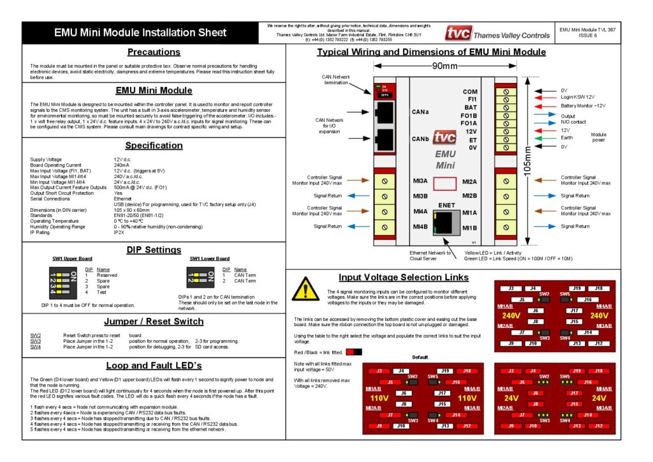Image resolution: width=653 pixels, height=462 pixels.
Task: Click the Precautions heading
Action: coord(154,52)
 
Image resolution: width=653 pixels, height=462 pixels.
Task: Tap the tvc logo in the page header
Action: coord(457,34)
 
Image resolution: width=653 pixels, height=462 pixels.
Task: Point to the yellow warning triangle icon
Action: coord(305,289)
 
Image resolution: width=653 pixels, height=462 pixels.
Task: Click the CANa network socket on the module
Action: coord(386,112)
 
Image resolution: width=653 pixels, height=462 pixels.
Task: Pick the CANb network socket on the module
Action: coord(386,138)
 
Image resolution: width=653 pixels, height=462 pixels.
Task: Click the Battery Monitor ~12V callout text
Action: coord(583,106)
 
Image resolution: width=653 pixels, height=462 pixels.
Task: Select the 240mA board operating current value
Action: coord(121,165)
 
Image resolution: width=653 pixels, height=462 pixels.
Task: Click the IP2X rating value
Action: coord(119,232)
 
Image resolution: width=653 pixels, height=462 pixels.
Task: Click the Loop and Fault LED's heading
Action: coord(154,366)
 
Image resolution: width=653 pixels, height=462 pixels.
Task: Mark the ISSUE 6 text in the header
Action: coord(587,36)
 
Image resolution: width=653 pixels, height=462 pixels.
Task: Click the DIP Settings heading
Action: coord(154,250)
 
